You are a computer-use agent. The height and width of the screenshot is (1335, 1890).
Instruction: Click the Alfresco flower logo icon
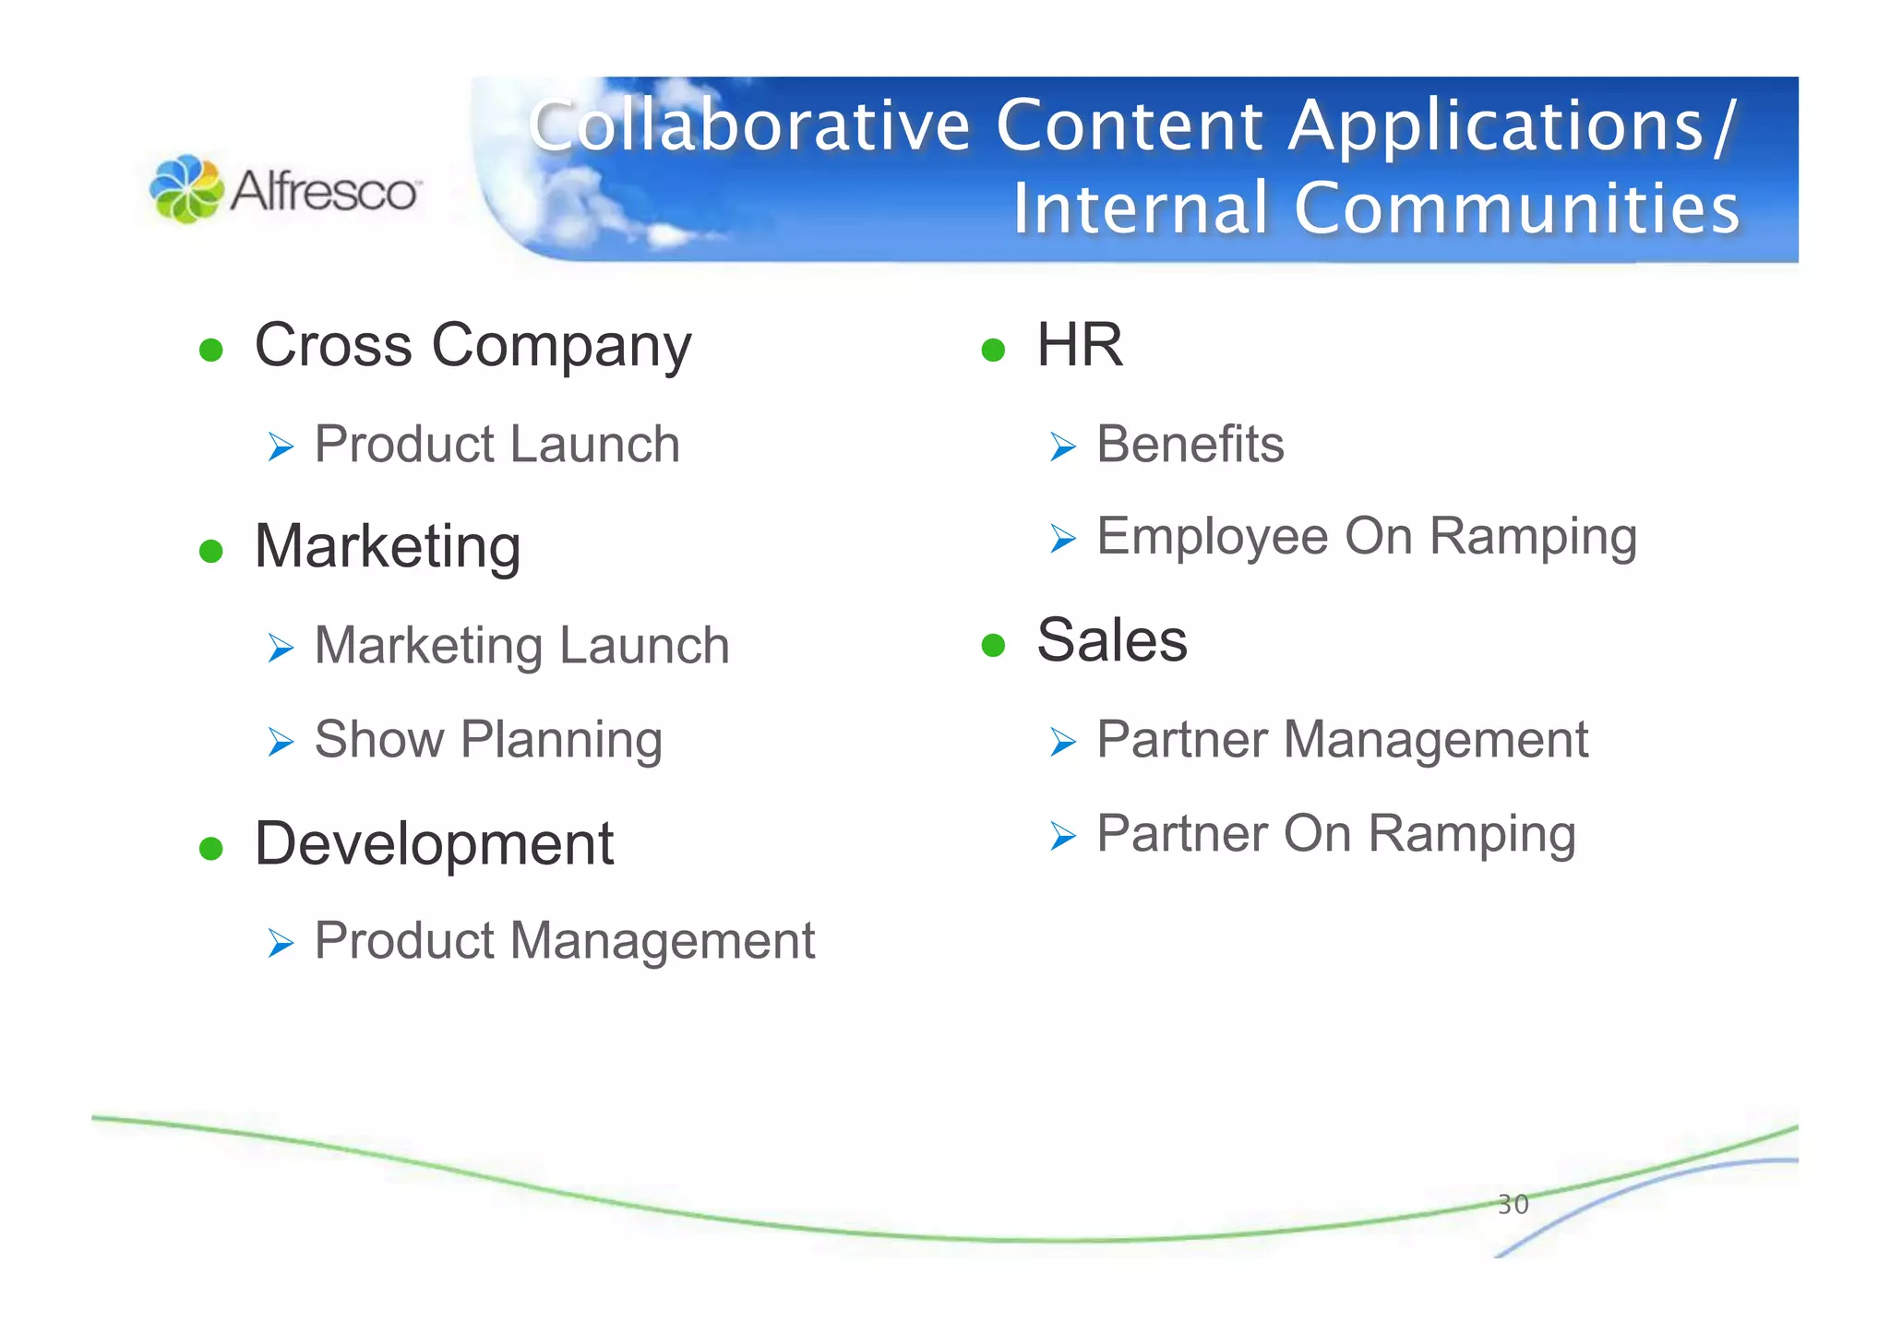(x=185, y=188)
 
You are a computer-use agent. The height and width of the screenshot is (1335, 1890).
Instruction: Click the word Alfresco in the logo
(x=324, y=192)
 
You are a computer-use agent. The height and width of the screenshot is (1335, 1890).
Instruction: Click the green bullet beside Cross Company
(x=211, y=350)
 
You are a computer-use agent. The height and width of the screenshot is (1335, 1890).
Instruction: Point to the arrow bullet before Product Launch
(x=281, y=447)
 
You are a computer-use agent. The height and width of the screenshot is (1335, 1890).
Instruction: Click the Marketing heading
(x=388, y=546)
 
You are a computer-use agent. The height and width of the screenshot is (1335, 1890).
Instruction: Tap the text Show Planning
(x=488, y=740)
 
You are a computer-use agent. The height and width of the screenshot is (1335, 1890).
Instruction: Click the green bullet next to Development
(x=211, y=848)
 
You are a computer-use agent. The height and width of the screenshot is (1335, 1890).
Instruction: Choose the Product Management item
(x=564, y=941)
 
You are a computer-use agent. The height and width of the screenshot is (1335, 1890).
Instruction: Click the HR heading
(x=1079, y=345)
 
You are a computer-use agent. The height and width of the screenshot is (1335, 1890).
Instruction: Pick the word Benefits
(x=1190, y=445)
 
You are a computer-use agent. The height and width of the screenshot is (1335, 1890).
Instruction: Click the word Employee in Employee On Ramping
(x=1212, y=537)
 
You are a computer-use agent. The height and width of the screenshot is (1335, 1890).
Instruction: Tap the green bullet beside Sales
(x=993, y=645)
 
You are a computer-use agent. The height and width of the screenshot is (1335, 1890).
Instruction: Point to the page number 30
(x=1513, y=1204)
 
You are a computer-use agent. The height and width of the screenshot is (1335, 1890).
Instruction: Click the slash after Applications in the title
(x=1725, y=126)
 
